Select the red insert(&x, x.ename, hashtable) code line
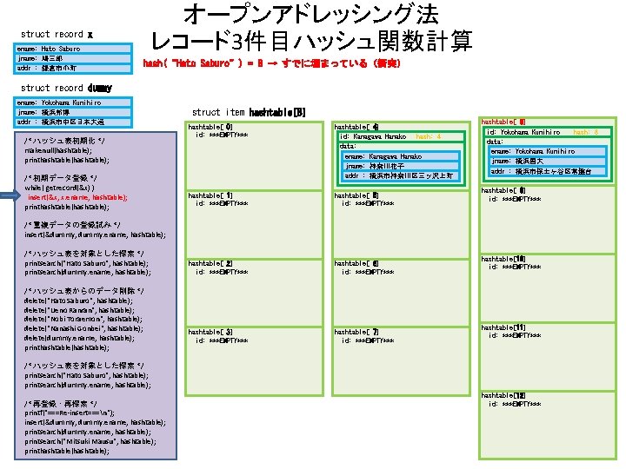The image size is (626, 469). pos(77,197)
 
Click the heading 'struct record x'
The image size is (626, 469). pos(57,34)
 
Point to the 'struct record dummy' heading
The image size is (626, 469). pos(62,88)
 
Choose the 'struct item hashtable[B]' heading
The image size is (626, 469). pos(249,112)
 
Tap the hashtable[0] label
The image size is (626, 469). pos(210,127)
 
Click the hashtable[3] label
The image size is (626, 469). pos(210,332)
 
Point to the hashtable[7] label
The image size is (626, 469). pos(356,332)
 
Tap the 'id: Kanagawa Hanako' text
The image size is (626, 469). pos(373,137)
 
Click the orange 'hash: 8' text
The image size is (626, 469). pos(585,132)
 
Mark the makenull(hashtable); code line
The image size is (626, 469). pos(60,150)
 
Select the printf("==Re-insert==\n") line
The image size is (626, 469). pos(70,413)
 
